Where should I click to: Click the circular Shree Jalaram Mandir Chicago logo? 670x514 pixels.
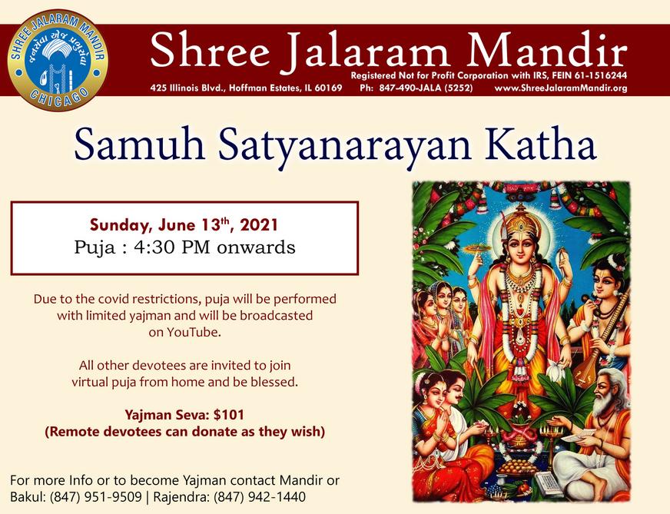(x=58, y=60)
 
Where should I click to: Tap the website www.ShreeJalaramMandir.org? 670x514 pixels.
(x=561, y=88)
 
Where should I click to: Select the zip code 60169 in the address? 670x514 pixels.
(x=329, y=88)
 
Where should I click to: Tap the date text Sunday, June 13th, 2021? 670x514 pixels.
(x=184, y=225)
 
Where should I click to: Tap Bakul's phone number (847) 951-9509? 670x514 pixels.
(x=96, y=497)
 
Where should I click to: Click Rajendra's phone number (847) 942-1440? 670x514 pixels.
(x=260, y=497)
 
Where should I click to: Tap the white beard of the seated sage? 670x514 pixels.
(x=604, y=405)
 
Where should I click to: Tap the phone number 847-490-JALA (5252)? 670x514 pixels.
(x=426, y=88)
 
